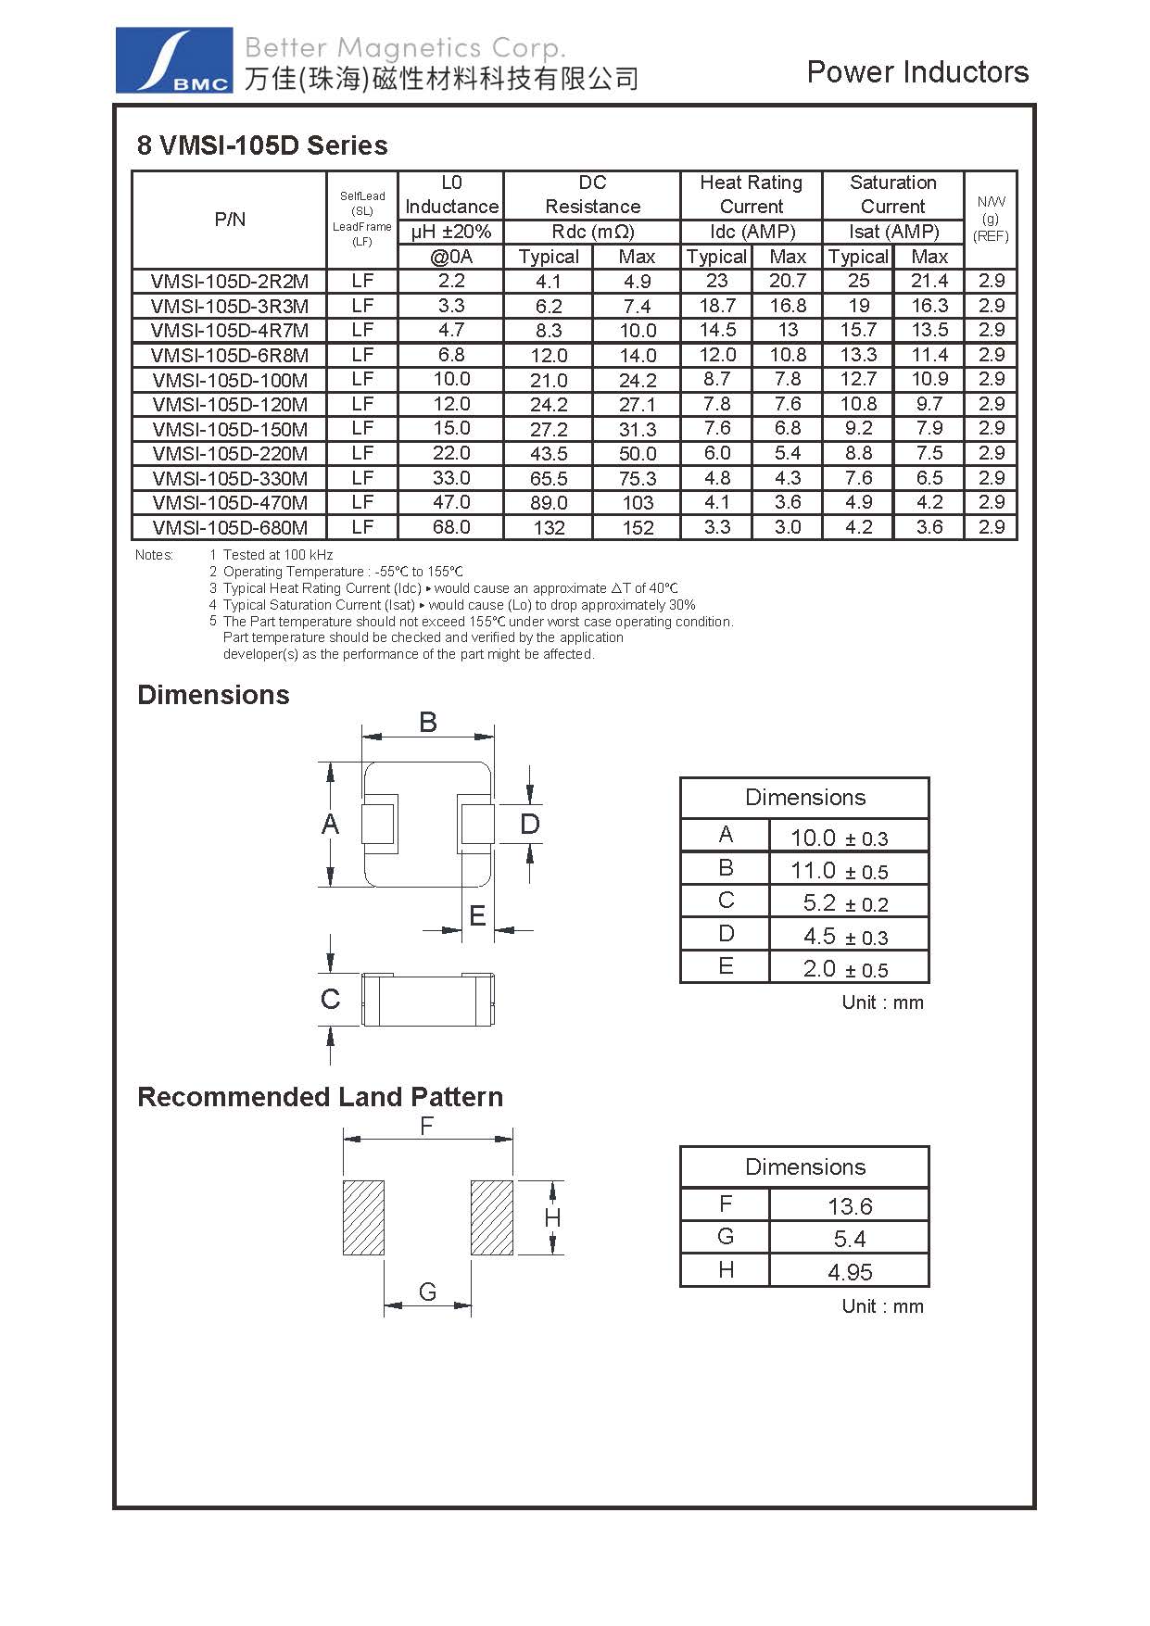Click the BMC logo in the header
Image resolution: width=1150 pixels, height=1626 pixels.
pos(174,60)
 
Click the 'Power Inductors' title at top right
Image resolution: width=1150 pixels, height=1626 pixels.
pos(917,72)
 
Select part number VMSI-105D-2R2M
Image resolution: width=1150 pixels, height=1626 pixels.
pos(230,282)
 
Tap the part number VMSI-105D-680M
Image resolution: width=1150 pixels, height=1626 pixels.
pos(230,528)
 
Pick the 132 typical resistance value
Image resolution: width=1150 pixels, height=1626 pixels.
pos(549,528)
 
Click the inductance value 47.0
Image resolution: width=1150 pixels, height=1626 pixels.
pos(451,502)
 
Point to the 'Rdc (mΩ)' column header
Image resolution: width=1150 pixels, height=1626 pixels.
pos(592,232)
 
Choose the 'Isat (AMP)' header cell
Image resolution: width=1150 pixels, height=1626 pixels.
pos(893,232)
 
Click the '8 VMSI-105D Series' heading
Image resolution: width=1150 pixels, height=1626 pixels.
pos(262,145)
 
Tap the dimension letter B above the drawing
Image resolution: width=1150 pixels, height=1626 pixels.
pos(427,722)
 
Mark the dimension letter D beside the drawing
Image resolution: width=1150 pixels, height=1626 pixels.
pos(529,824)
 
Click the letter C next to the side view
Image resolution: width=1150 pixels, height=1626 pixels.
pos(330,1000)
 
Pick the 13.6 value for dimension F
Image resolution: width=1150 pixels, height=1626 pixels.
pos(850,1206)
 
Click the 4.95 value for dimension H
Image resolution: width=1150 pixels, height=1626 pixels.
pos(850,1272)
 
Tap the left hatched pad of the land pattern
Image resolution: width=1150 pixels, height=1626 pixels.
pos(363,1217)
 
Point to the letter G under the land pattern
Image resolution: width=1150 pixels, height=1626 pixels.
pos(427,1292)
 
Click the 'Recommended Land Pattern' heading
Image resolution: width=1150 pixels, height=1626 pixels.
pos(320,1097)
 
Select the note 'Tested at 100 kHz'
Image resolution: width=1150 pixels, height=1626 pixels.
pos(277,555)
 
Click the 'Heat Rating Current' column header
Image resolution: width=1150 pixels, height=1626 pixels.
pos(751,195)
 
